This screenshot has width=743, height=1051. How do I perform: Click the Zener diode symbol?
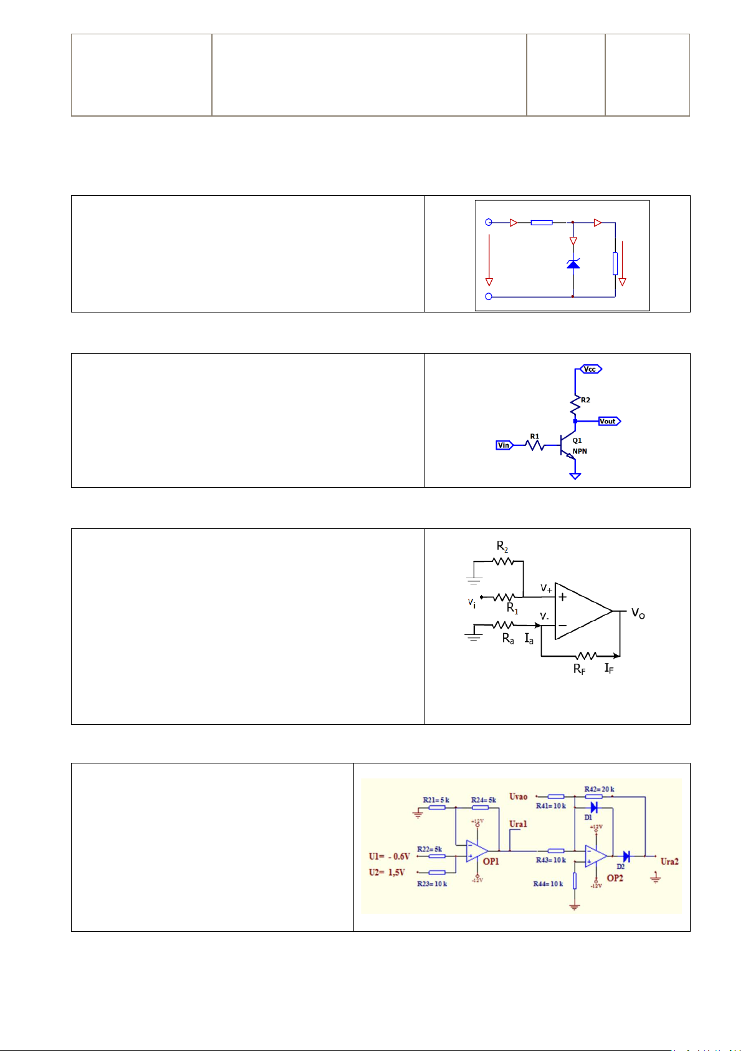pyautogui.click(x=573, y=264)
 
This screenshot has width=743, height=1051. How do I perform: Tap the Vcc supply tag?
pyautogui.click(x=590, y=369)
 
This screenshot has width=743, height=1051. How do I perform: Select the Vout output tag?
pyautogui.click(x=608, y=421)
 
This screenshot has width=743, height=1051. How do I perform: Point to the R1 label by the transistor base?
pyautogui.click(x=535, y=437)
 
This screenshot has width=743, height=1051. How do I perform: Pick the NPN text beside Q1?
pyautogui.click(x=580, y=451)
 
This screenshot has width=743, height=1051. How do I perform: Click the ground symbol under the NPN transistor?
pyautogui.click(x=575, y=476)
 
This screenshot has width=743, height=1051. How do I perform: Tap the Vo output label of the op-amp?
pyautogui.click(x=638, y=613)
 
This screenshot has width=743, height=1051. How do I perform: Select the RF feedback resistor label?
pyautogui.click(x=580, y=669)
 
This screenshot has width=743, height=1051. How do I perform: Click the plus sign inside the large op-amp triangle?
pyautogui.click(x=563, y=597)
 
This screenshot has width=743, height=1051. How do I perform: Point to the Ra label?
pyautogui.click(x=508, y=639)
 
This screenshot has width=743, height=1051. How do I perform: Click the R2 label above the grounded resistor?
pyautogui.click(x=502, y=546)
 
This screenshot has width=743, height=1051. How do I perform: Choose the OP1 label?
pyautogui.click(x=491, y=861)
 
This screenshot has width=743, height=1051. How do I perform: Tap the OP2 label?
pyautogui.click(x=615, y=878)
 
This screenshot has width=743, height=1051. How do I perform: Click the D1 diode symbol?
pyautogui.click(x=594, y=807)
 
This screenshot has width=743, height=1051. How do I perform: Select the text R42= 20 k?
pyautogui.click(x=600, y=789)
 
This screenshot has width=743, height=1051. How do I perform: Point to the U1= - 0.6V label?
pyautogui.click(x=390, y=856)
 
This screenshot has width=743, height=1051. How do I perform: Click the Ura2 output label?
pyautogui.click(x=669, y=861)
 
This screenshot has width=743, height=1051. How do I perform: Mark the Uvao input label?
pyautogui.click(x=518, y=797)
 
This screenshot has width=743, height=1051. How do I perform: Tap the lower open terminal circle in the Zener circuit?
pyautogui.click(x=489, y=296)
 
